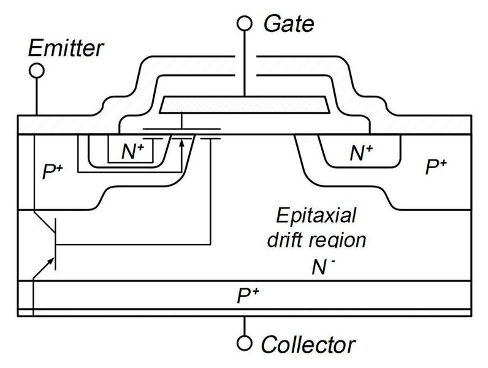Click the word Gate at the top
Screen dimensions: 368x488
(x=288, y=24)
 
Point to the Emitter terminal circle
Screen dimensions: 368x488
(x=37, y=71)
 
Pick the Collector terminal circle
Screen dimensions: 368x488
(x=245, y=342)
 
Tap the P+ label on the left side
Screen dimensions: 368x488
(x=53, y=173)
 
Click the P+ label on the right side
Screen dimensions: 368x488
(x=438, y=166)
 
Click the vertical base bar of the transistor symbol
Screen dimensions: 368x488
(x=56, y=245)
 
